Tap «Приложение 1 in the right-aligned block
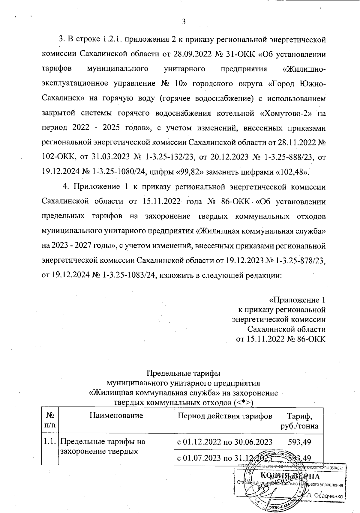(x=297, y=300)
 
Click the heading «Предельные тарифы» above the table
(x=183, y=374)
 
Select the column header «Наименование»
(x=116, y=416)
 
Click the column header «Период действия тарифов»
(x=225, y=416)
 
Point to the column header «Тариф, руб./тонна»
(x=299, y=421)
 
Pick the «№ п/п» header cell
(x=50, y=421)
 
